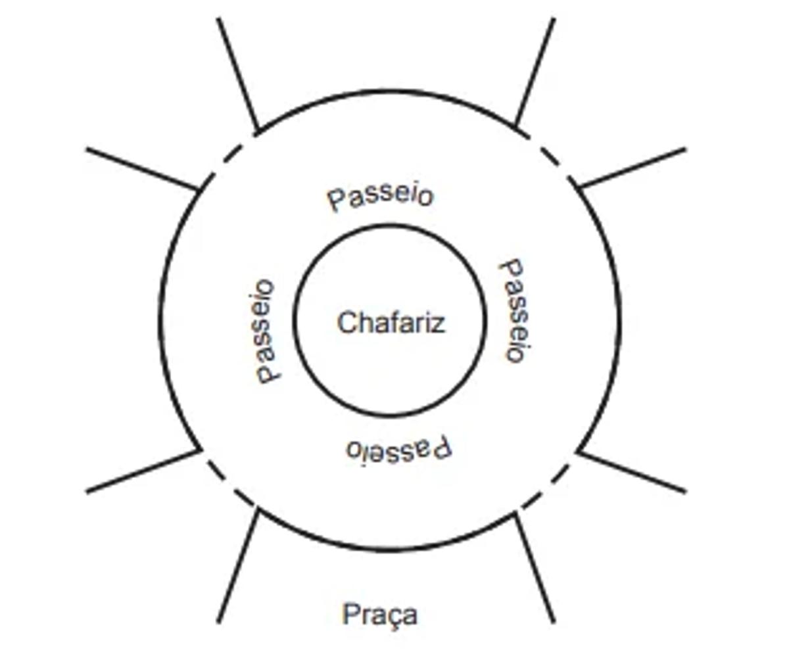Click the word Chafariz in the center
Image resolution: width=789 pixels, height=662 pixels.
tap(391, 323)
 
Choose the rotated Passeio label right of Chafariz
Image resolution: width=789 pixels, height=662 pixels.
tap(514, 310)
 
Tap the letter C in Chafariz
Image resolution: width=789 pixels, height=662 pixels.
tap(346, 323)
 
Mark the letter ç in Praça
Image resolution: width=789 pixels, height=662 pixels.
tap(393, 617)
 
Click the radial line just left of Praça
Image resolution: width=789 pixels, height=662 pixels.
tap(237, 567)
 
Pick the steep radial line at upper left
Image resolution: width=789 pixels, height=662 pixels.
tap(237, 74)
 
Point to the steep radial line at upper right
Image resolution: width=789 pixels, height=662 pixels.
tap(535, 71)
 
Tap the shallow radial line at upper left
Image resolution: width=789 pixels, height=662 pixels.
tap(142, 170)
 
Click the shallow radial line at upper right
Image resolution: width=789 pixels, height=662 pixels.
tap(631, 168)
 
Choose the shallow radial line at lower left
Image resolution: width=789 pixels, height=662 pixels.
tap(143, 471)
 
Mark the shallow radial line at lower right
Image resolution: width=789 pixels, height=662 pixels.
tap(632, 471)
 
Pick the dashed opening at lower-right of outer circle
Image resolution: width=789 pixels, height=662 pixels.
tap(547, 487)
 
